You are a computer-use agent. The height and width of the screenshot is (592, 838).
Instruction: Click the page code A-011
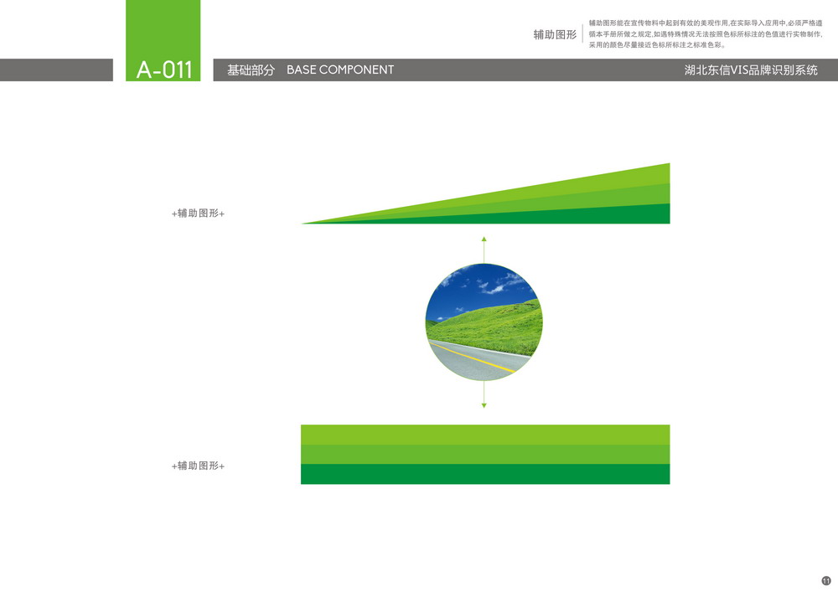(x=164, y=70)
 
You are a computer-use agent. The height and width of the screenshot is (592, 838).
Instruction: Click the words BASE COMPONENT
(x=340, y=70)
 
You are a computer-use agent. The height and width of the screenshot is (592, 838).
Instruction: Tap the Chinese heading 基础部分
(x=251, y=70)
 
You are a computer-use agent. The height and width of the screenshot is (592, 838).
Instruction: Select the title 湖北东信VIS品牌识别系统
(x=751, y=70)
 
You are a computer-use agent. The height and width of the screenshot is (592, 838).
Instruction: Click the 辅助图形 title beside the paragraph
(x=555, y=34)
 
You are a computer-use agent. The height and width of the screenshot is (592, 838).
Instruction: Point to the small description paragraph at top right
(x=706, y=34)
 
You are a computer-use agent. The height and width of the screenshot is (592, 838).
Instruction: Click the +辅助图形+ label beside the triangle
(x=198, y=214)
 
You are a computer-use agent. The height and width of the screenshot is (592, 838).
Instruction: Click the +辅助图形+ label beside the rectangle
(x=198, y=466)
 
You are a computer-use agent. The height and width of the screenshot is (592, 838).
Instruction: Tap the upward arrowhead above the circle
(x=484, y=239)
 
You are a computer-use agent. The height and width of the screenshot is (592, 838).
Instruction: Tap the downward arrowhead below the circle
(x=484, y=406)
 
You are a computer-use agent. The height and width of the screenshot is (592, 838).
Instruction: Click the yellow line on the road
(x=473, y=358)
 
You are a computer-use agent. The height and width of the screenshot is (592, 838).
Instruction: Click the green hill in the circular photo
(x=492, y=327)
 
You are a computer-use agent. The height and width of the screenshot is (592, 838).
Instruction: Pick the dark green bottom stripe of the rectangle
(x=485, y=474)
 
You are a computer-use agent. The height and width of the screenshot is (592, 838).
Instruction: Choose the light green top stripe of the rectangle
(x=485, y=435)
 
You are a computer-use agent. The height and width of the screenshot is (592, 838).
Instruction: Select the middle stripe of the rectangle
(x=485, y=455)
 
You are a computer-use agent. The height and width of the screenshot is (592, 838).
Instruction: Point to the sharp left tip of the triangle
(x=302, y=223)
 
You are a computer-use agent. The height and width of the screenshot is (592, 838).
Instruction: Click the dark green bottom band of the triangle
(x=588, y=216)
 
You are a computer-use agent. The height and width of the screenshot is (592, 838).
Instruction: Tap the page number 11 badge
(x=826, y=581)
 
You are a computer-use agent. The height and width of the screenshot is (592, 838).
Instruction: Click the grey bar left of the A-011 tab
(x=56, y=70)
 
